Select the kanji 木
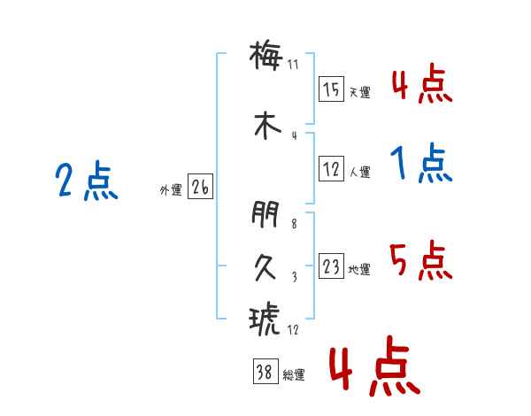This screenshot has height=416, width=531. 267,126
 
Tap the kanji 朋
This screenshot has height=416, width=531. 265,214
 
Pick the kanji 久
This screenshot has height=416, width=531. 265,267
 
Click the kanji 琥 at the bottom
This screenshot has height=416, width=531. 265,318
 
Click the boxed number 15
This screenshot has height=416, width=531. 331,89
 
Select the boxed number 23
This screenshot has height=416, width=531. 331,266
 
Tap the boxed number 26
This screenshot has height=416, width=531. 200,187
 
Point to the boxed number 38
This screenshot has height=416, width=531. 265,371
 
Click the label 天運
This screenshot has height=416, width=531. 360,92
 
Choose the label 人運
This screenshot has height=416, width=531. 360,172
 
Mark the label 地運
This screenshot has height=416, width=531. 359,270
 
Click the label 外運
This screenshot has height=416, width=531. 171,190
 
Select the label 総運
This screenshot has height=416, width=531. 294,375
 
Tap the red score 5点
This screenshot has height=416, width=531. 421,260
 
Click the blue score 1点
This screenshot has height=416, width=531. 421,163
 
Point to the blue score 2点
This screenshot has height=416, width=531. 87,181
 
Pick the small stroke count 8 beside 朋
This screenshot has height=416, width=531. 294,224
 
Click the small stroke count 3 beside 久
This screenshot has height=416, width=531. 295,277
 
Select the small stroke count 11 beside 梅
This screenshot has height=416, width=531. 293,65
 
